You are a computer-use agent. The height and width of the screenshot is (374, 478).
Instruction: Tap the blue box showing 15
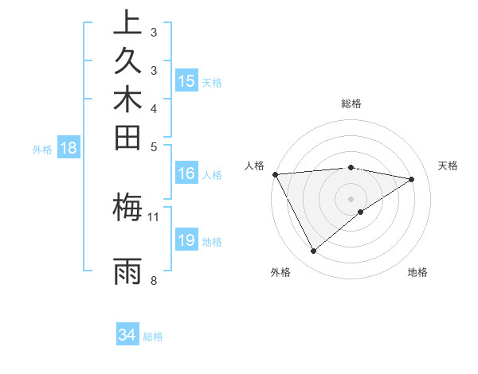point(186,80)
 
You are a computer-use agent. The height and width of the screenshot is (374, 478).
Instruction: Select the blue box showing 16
point(186,173)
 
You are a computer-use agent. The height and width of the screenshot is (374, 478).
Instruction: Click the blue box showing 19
point(186,240)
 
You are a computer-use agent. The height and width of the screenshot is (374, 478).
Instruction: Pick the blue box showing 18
point(69,147)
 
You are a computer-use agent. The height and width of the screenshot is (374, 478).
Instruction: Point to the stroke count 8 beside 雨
point(153,280)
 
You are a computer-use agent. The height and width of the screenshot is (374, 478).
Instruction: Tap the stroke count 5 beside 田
point(153,146)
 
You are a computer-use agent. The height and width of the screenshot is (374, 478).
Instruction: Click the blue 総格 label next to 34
point(153,337)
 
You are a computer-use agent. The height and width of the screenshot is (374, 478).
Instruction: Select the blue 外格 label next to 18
point(42,149)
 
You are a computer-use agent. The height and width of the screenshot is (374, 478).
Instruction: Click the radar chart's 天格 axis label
point(448,166)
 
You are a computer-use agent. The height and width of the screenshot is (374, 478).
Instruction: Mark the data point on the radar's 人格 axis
point(275,173)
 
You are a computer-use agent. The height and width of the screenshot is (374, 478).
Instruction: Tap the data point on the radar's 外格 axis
point(313,251)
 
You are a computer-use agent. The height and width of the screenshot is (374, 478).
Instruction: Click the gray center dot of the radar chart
point(351,198)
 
